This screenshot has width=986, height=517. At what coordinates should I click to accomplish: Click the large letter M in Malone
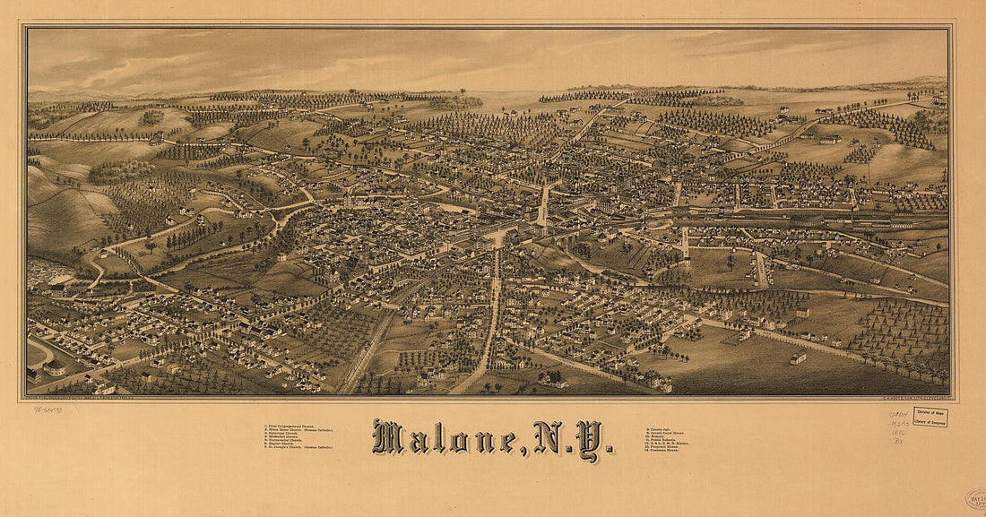pos(388,436)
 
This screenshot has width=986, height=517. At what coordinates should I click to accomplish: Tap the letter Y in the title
pos(588,439)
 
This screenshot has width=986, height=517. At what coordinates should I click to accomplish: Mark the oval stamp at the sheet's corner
pos(976,500)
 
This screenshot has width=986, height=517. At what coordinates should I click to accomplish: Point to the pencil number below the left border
pos(49,409)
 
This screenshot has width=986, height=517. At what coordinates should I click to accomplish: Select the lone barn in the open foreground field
pos(798,358)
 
